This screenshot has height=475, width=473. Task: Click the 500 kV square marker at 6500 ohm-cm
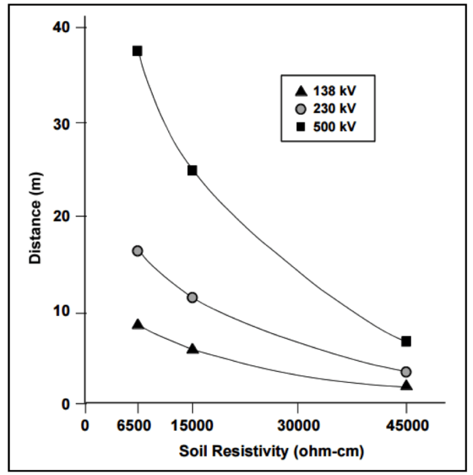137,51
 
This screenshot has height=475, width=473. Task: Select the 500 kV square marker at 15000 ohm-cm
192,170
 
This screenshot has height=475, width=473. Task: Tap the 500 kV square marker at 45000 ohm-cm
406,341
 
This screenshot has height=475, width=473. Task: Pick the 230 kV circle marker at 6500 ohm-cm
137,250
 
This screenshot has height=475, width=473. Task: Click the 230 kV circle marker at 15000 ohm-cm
192,297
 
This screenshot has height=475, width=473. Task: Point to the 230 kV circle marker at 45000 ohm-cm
406,371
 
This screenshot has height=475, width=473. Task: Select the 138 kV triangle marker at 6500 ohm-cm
137,324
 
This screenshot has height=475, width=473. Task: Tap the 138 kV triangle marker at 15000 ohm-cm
192,349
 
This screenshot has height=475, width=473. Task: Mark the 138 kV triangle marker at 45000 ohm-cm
406,386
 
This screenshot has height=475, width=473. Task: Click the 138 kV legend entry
327,91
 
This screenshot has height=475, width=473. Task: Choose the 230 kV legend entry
327,109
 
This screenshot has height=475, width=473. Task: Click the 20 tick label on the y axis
64,217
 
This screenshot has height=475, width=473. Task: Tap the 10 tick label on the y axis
64,313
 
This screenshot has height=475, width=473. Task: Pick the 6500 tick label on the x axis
137,426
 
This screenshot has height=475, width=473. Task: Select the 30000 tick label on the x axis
298,426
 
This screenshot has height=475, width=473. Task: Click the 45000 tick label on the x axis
406,426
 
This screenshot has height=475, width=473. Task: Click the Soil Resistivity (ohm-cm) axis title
271,451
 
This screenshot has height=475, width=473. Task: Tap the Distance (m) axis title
35,217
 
